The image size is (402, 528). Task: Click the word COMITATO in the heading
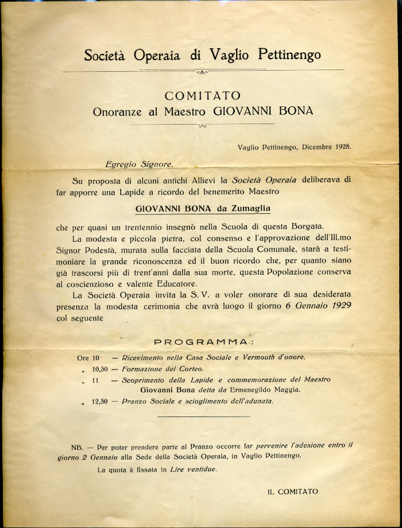coord(202,95)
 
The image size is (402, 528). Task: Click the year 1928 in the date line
coord(341,147)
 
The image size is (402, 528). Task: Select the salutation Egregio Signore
coord(139,164)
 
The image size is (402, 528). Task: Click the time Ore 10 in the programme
coord(88,358)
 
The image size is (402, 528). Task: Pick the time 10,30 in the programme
coord(100,369)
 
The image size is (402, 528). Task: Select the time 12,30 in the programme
coord(100,402)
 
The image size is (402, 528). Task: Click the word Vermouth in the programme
coord(253,357)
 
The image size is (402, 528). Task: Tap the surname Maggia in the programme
coord(286,390)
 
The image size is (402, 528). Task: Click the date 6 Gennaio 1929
coord(318,306)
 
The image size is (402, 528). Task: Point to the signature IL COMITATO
coord(293,491)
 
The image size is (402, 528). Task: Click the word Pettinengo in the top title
coord(289,55)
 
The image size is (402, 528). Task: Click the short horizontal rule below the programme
coord(203,417)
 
